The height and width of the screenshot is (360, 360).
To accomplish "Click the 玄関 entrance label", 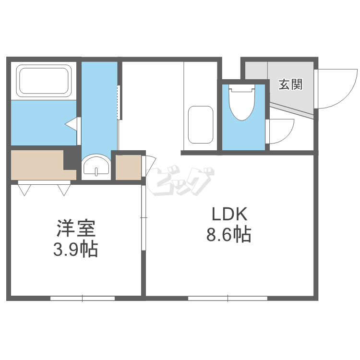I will [x=290, y=85].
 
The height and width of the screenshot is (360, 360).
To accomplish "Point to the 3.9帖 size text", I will [x=75, y=249].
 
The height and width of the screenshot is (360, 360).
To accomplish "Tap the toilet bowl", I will [x=241, y=103].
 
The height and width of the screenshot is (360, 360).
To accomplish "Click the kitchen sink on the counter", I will [x=200, y=124].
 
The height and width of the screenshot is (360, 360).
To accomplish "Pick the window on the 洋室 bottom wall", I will [x=83, y=298].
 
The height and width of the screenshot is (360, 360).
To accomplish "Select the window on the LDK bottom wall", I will [x=228, y=298].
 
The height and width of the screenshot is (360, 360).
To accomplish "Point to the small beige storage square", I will [x=127, y=167].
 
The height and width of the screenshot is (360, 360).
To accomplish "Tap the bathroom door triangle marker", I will [x=72, y=124].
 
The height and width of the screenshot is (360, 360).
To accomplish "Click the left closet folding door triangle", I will [x=24, y=190].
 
